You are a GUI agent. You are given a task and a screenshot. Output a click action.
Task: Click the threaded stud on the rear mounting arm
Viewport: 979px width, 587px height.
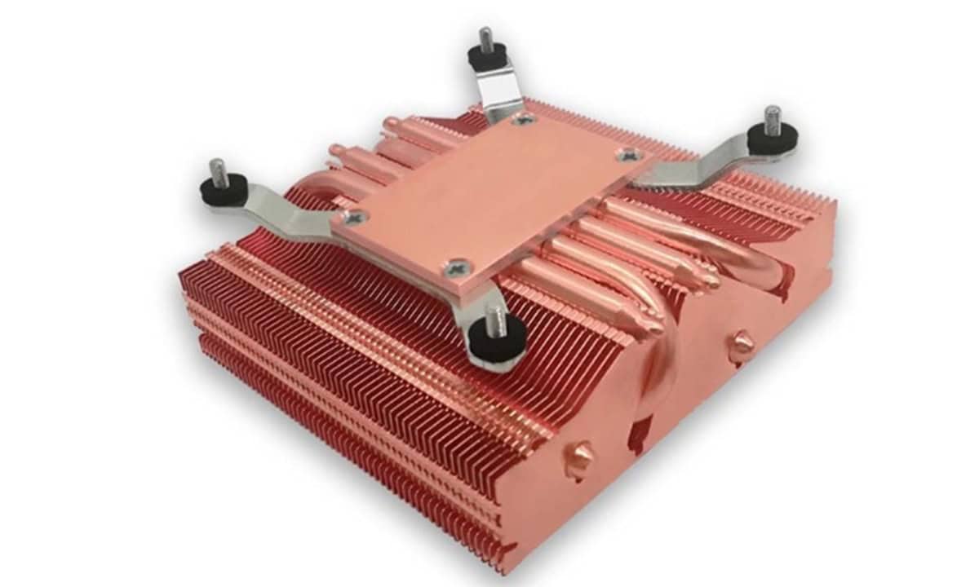click(x=485, y=39)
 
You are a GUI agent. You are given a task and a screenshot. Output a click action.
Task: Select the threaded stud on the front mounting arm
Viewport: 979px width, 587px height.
click(x=494, y=319)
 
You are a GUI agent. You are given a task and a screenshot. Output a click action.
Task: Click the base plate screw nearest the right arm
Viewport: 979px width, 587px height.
click(x=627, y=154)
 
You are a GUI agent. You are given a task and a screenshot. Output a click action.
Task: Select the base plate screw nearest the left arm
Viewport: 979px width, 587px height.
click(x=352, y=216)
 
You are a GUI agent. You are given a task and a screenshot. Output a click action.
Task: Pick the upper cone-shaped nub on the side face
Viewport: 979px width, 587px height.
click(x=741, y=342)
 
